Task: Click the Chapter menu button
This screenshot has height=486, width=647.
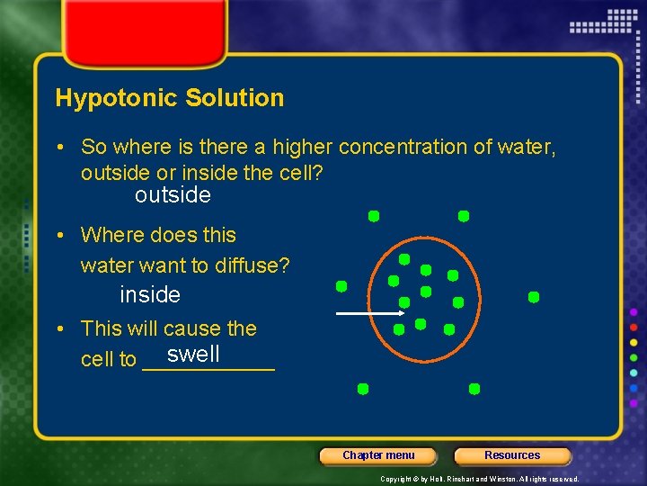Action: (x=378, y=455)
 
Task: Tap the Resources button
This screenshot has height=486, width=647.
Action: (x=512, y=455)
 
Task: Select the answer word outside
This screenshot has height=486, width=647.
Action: (x=173, y=195)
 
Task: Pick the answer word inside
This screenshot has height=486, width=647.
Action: (x=150, y=294)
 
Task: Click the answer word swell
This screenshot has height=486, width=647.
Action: (x=193, y=354)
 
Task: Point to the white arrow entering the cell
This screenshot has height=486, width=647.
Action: (x=369, y=313)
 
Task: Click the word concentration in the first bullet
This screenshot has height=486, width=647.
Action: (x=417, y=147)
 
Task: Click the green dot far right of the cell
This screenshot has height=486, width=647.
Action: (x=533, y=296)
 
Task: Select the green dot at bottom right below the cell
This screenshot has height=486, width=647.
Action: (x=474, y=389)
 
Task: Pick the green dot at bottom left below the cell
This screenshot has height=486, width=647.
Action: (x=362, y=389)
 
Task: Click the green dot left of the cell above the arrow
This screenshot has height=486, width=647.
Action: (x=341, y=286)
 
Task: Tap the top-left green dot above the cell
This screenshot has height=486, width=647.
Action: (x=373, y=216)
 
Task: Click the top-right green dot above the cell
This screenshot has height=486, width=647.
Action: (x=464, y=216)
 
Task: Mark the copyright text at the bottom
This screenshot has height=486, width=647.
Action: (x=479, y=479)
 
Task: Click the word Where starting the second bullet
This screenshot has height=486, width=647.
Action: (x=110, y=235)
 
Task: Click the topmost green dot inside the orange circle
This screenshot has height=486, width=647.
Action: (x=404, y=259)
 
